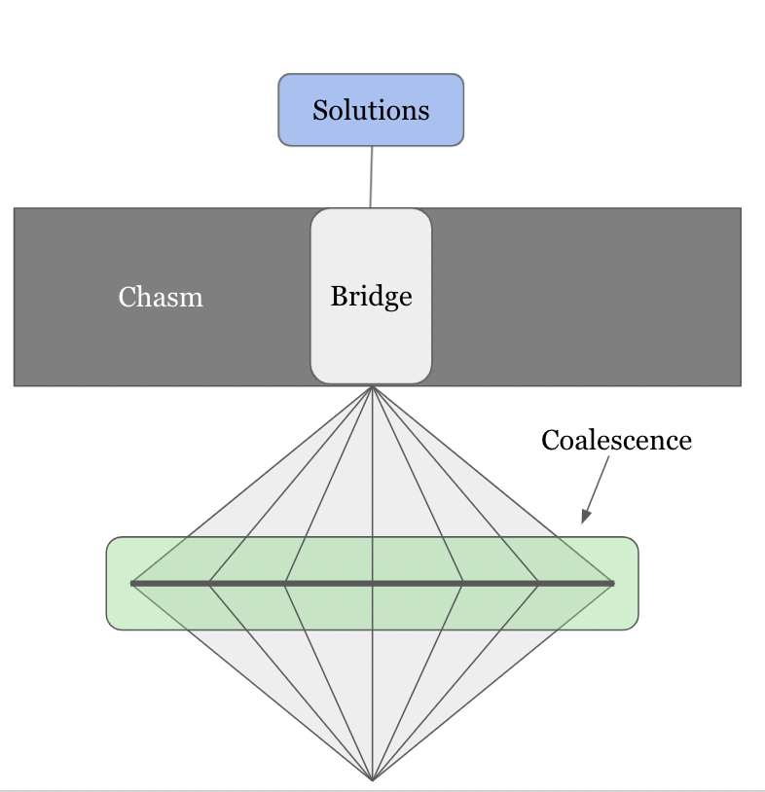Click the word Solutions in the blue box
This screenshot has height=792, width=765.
(x=371, y=110)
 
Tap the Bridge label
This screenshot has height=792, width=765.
(x=371, y=296)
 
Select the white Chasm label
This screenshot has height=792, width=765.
(x=161, y=297)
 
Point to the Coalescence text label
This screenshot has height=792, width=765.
(x=616, y=441)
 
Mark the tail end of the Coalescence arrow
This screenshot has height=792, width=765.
(x=609, y=457)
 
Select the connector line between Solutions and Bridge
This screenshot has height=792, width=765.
(x=371, y=177)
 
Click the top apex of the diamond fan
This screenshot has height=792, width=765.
(x=373, y=387)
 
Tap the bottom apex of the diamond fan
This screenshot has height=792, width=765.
(x=373, y=779)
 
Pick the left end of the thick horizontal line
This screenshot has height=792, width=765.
(x=131, y=584)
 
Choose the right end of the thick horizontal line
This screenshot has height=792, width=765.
(x=614, y=584)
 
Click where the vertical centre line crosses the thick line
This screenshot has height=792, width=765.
(x=373, y=584)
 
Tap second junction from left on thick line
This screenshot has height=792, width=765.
(x=209, y=584)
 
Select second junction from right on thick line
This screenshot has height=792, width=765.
(x=538, y=584)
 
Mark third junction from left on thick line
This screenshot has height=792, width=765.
(x=285, y=584)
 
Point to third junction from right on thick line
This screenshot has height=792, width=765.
(x=461, y=584)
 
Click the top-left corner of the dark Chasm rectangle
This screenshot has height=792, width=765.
(x=15, y=208)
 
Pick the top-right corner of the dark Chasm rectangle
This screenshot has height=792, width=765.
(x=741, y=208)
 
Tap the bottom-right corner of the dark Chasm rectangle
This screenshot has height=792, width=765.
(x=741, y=385)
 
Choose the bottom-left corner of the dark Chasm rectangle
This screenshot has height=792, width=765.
(x=15, y=385)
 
